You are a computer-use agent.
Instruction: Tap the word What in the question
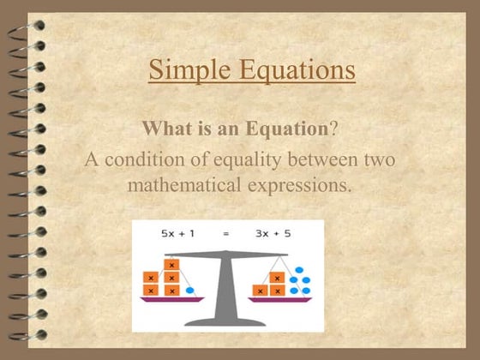click(164, 129)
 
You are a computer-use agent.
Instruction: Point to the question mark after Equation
click(333, 129)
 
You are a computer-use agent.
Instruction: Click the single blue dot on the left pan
click(189, 291)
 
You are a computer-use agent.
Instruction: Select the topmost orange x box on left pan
click(171, 266)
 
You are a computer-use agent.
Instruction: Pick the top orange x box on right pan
click(276, 277)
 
